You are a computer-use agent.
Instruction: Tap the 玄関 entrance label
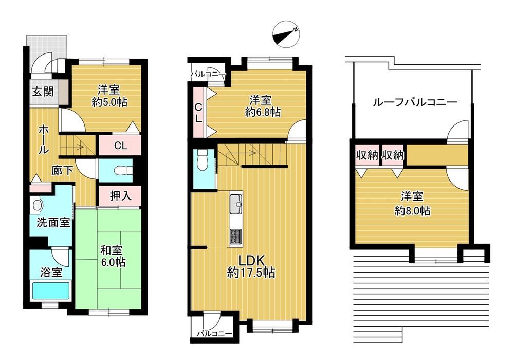(x=42, y=92)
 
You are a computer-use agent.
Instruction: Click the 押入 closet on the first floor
(x=120, y=196)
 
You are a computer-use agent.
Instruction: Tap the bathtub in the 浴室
(x=51, y=290)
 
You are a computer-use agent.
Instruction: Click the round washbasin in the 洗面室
(x=38, y=205)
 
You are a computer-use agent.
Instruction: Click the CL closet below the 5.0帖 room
(x=120, y=146)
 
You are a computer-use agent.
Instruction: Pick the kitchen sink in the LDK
(x=236, y=204)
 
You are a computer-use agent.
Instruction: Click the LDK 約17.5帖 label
(x=251, y=267)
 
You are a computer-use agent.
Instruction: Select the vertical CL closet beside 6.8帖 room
(x=199, y=112)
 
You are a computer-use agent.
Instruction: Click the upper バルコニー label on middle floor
(x=209, y=75)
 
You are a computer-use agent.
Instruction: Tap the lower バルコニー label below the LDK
(x=214, y=334)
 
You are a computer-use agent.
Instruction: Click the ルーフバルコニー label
(x=415, y=103)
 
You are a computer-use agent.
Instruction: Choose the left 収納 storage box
(x=368, y=155)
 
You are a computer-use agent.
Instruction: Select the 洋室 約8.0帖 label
(x=412, y=203)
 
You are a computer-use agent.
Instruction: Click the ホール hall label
(x=44, y=139)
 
